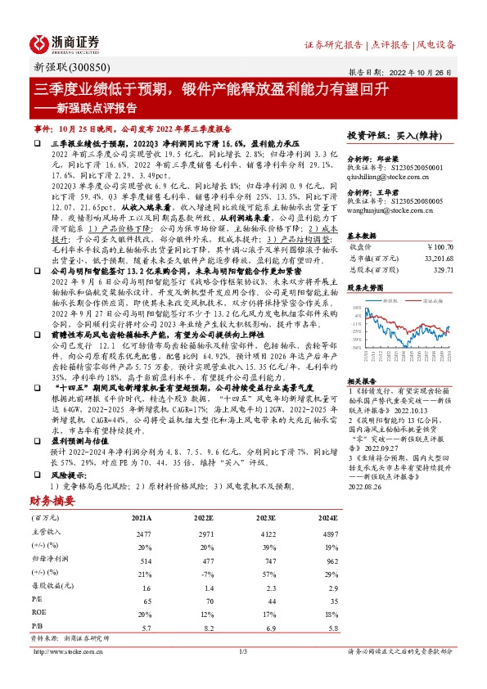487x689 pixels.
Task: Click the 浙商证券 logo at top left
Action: [x=65, y=43]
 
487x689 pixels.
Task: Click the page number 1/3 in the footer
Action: [x=242, y=651]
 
